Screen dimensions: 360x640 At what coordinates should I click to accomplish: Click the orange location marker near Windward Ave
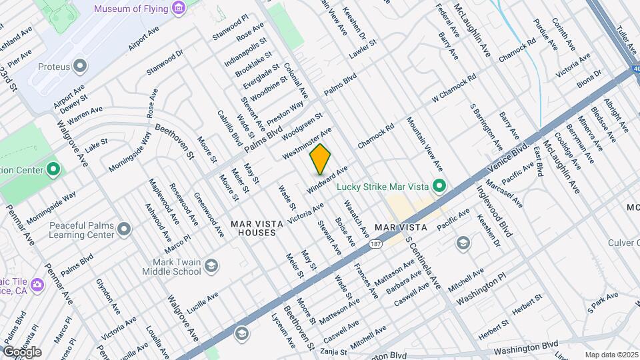click(320, 159)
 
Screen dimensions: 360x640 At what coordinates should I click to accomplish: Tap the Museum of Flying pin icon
click(178, 9)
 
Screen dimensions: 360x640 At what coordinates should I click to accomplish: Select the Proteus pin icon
click(81, 65)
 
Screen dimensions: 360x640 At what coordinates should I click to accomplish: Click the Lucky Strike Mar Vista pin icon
click(439, 186)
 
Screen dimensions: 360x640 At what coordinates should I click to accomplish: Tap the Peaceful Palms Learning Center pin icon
click(124, 230)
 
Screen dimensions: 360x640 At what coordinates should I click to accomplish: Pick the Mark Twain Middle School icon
click(211, 267)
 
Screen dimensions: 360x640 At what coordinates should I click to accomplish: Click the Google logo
click(22, 351)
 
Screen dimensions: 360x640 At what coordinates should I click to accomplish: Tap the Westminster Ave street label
click(307, 143)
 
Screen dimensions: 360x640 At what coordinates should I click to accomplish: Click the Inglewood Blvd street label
click(494, 211)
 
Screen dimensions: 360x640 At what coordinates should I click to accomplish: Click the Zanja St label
click(333, 351)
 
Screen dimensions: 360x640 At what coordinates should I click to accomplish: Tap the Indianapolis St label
click(243, 52)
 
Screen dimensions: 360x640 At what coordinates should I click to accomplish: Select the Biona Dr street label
click(589, 79)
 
